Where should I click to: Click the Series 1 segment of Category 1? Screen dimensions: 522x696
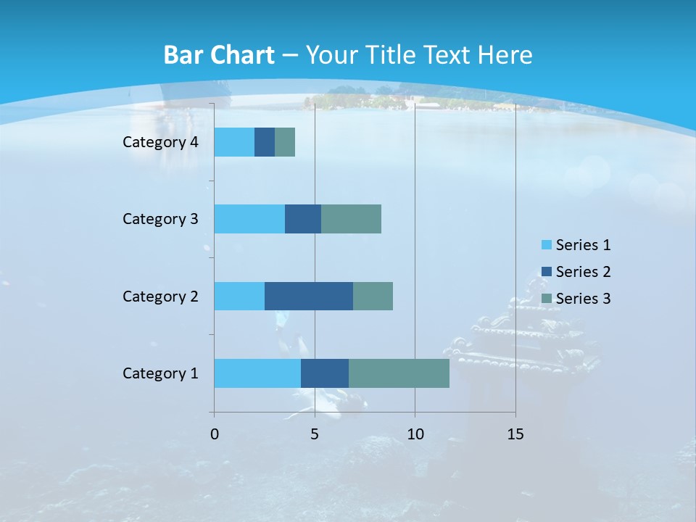[x=257, y=373]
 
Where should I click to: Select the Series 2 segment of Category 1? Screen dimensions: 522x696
[x=325, y=373]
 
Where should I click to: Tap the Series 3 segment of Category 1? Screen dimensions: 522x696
[x=399, y=373]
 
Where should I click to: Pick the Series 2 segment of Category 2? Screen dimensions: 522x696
[x=309, y=296]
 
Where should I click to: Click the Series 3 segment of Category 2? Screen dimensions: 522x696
[x=373, y=296]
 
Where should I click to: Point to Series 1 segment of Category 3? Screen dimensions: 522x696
[x=249, y=219]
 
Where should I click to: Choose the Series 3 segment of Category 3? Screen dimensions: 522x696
[x=351, y=219]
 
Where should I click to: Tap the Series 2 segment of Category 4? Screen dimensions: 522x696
[x=265, y=142]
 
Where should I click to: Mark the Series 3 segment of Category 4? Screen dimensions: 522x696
[x=285, y=142]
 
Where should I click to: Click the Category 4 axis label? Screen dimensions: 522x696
[x=160, y=142]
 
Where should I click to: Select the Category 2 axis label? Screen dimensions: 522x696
[x=160, y=296]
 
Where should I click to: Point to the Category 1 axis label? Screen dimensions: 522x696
[x=160, y=373]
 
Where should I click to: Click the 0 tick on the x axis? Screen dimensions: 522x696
[x=215, y=434]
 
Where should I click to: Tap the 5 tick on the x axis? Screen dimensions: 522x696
[x=315, y=434]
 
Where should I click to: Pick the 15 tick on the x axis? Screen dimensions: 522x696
[x=515, y=434]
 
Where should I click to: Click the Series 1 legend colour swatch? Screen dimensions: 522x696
[x=546, y=245]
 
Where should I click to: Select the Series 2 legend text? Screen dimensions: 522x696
[x=583, y=272]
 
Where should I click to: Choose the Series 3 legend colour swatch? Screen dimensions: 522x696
[x=546, y=298]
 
